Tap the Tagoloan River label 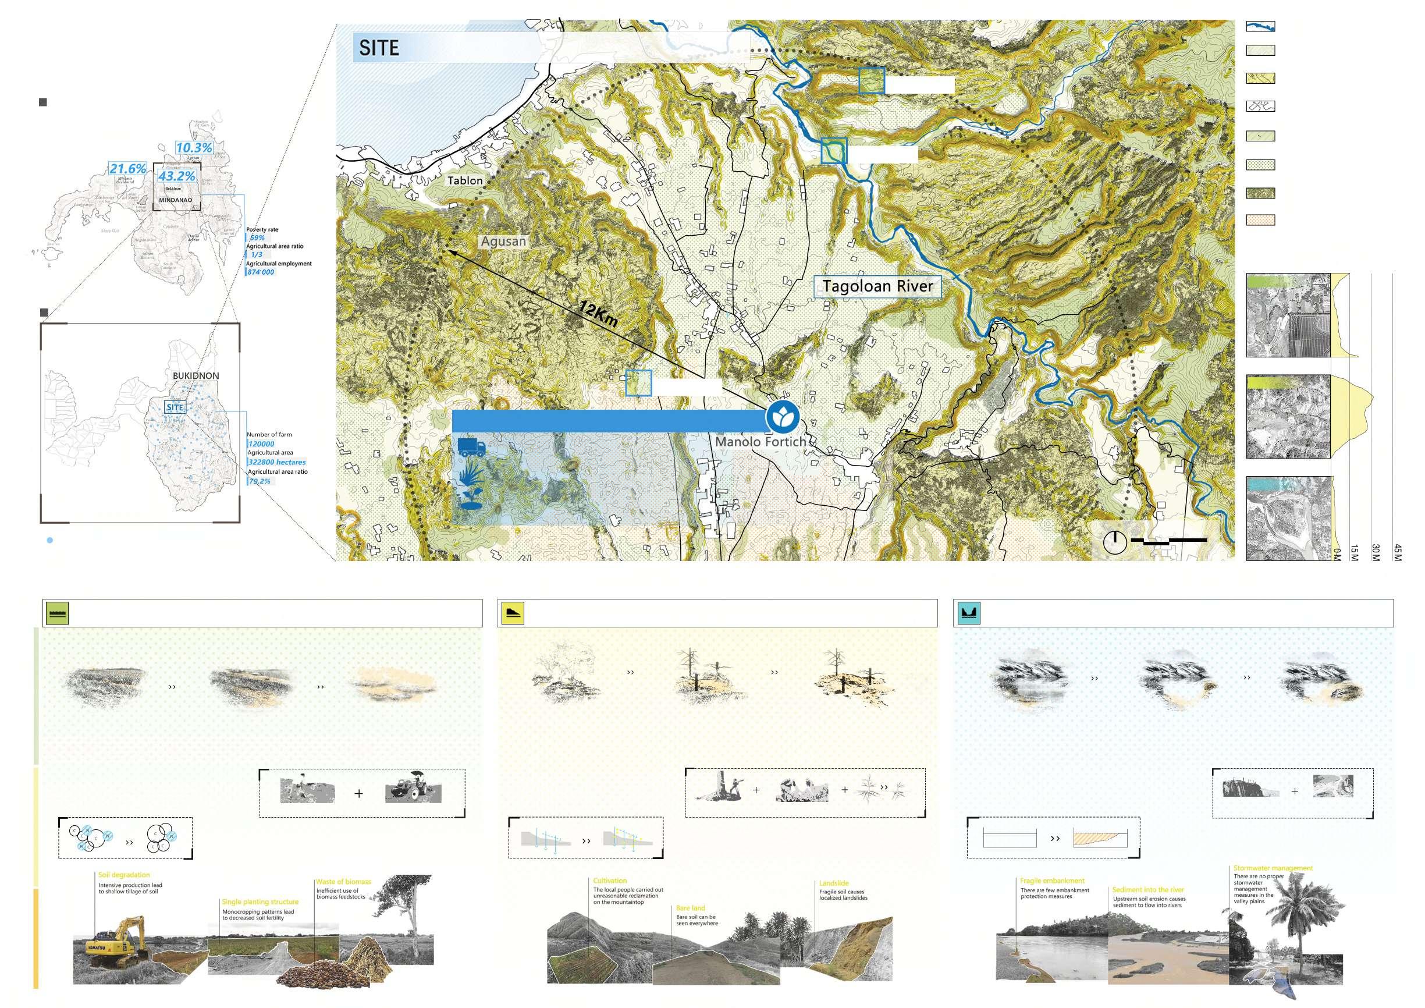877,286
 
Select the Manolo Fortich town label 761,442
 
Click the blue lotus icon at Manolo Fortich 782,417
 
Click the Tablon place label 465,180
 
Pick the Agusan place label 503,241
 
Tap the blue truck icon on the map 472,448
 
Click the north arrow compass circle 1115,542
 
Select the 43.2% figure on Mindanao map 176,176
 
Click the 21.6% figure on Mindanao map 128,169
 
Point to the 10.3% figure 194,148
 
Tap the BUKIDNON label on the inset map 196,376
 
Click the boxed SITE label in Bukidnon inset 175,407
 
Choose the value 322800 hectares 277,463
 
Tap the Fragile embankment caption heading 1052,881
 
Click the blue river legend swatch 1260,27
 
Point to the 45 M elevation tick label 1397,552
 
